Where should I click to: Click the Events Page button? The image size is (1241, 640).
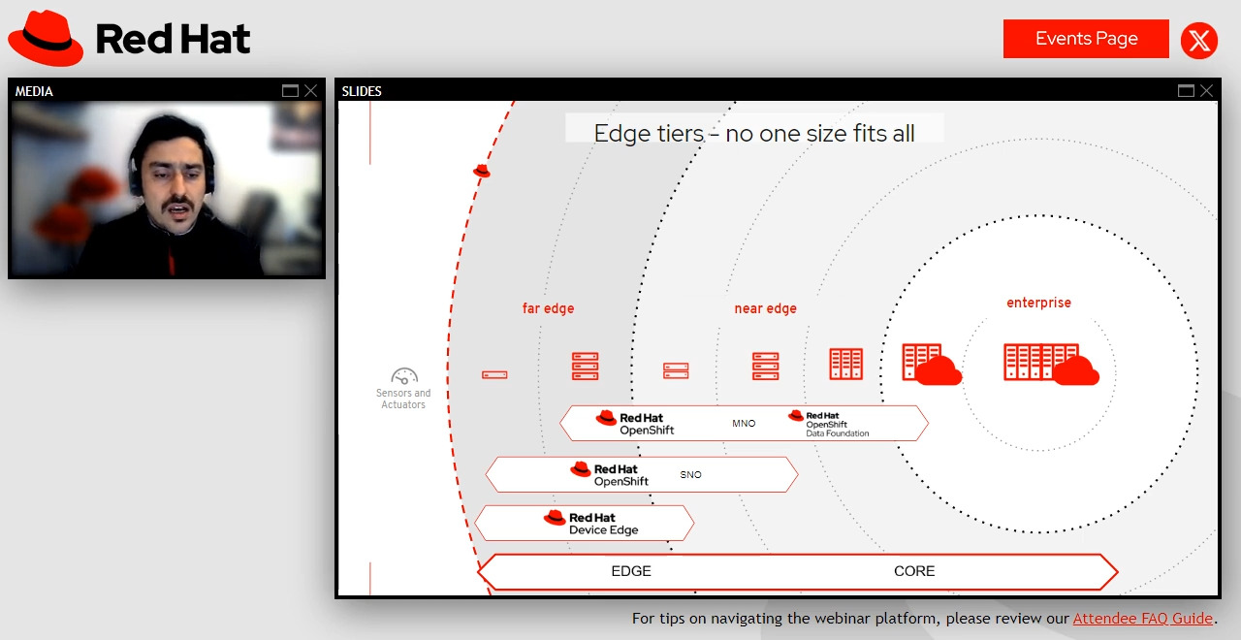click(1086, 39)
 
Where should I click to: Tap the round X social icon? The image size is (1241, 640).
click(1199, 41)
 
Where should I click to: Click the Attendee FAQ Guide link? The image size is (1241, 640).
click(1142, 619)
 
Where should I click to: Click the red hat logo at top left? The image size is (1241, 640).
click(47, 39)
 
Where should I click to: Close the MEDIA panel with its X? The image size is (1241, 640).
click(310, 91)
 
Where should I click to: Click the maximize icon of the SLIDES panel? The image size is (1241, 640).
click(1186, 91)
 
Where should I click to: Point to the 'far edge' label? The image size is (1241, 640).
click(548, 308)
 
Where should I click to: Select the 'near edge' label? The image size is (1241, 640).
click(765, 308)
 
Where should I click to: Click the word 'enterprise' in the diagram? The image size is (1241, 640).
click(1038, 303)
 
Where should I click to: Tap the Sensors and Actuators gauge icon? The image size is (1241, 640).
click(404, 376)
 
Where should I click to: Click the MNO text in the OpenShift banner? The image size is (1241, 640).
click(744, 424)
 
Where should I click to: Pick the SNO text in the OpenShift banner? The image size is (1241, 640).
click(690, 475)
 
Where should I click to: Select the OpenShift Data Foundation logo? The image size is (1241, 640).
click(829, 424)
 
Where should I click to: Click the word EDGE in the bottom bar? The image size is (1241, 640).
click(631, 571)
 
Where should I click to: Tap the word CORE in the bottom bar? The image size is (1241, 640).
click(914, 571)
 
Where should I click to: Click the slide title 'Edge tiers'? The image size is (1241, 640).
click(753, 133)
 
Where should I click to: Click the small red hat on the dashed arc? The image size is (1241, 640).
click(481, 171)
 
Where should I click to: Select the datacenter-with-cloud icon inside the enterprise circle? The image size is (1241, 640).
click(1051, 364)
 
